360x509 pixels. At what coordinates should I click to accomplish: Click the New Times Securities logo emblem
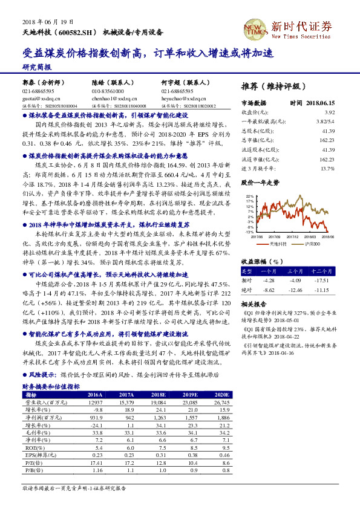254,27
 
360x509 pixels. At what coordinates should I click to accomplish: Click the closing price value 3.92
329,112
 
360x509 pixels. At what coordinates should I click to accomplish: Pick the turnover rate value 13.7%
327,168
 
